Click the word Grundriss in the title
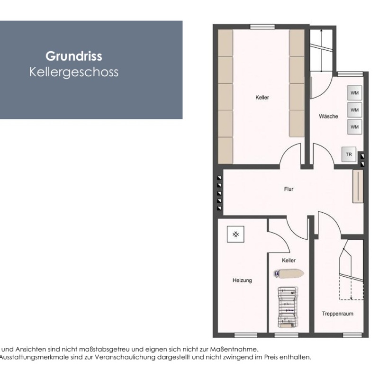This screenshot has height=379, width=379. (73, 56)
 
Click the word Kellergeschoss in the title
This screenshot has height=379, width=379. (73, 72)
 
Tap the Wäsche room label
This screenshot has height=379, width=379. (328, 116)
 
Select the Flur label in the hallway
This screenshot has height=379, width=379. (289, 189)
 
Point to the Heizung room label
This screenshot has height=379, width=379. (242, 280)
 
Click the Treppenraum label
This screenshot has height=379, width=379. (338, 314)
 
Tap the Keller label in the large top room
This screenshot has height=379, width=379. (262, 98)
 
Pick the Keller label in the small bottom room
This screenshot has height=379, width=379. (289, 261)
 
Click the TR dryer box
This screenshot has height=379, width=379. (349, 154)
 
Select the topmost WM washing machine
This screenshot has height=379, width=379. (354, 93)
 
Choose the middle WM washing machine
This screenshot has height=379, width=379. (354, 109)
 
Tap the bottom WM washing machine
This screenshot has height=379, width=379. (354, 126)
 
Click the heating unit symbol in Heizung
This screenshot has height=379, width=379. (235, 234)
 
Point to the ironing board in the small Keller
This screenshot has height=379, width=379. (288, 274)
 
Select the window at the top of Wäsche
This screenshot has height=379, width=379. (347, 73)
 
